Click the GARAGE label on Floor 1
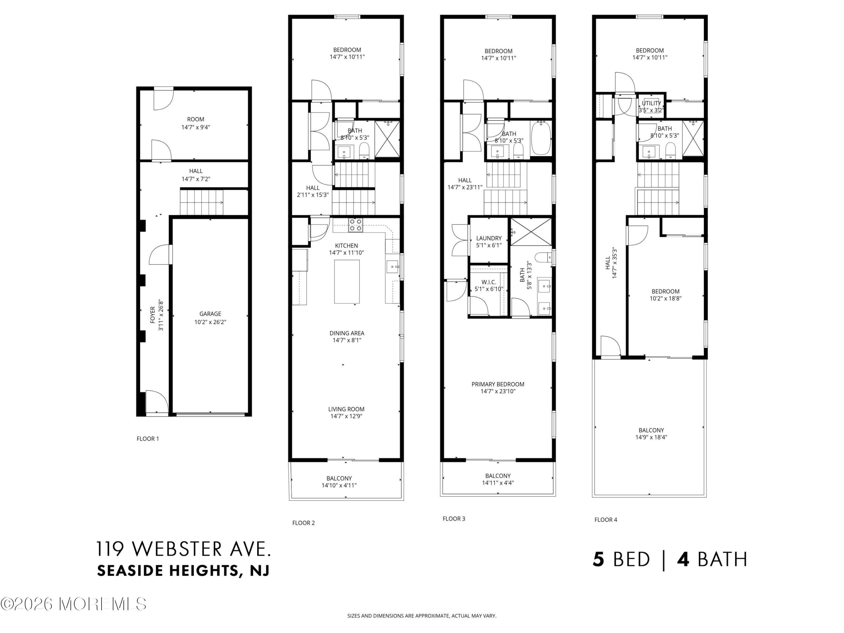pyautogui.click(x=210, y=314)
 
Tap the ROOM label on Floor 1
pyautogui.click(x=196, y=119)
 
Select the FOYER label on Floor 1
pyautogui.click(x=153, y=315)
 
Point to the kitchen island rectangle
pyautogui.click(x=347, y=282)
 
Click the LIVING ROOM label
pyautogui.click(x=346, y=409)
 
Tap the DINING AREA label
pyautogui.click(x=347, y=333)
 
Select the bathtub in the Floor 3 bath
pyautogui.click(x=541, y=138)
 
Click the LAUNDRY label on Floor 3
pyautogui.click(x=489, y=238)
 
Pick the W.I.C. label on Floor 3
pyautogui.click(x=489, y=282)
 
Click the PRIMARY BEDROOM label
pyautogui.click(x=498, y=384)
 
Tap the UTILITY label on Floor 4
pyautogui.click(x=651, y=103)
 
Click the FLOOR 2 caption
pyautogui.click(x=303, y=523)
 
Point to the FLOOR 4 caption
pyautogui.click(x=606, y=520)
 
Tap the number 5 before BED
pyautogui.click(x=599, y=559)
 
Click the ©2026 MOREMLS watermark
pyautogui.click(x=73, y=604)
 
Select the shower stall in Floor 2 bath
pyautogui.click(x=387, y=139)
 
